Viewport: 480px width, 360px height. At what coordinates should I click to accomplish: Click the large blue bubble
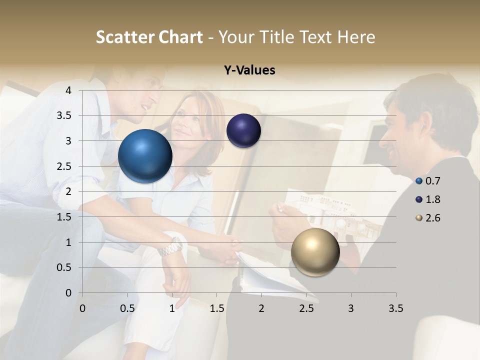145,156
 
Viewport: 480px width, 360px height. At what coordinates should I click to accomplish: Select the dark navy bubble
243,130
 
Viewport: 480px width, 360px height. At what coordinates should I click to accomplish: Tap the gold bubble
315,252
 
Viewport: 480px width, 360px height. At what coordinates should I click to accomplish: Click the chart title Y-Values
249,70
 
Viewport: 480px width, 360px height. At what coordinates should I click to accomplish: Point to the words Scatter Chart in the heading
149,37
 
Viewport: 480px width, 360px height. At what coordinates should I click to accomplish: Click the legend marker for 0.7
419,181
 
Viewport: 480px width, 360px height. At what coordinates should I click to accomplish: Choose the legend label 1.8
433,199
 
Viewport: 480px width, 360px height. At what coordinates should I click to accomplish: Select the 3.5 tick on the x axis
395,308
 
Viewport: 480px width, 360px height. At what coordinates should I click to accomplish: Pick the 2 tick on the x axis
261,308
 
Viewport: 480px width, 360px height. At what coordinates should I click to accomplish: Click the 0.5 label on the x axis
127,308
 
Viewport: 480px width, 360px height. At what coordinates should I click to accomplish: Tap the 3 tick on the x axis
350,308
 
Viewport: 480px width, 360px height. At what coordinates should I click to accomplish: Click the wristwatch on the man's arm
171,246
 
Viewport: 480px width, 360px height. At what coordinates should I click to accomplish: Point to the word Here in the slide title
356,37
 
